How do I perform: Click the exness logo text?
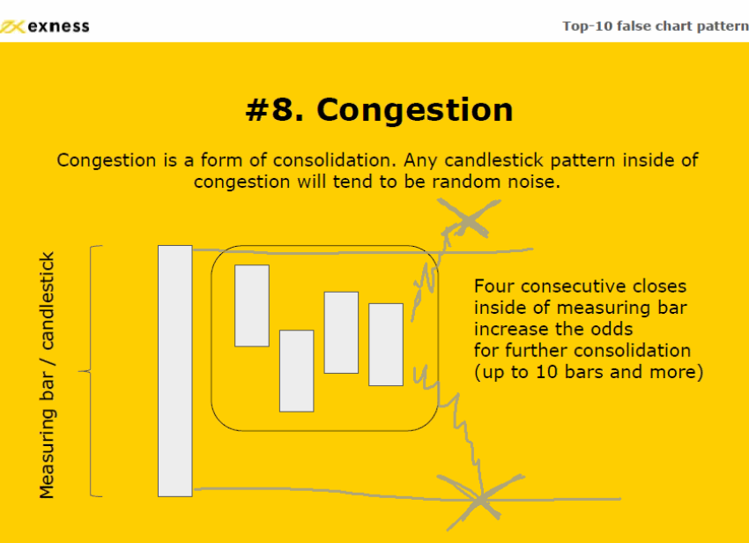[x=58, y=26]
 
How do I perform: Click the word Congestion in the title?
[x=415, y=110]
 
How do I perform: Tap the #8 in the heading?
[x=274, y=109]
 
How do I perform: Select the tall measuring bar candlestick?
[x=175, y=371]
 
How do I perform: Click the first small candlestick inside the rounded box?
[x=252, y=305]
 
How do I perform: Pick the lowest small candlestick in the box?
[x=297, y=371]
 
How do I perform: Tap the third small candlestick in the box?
[x=341, y=332]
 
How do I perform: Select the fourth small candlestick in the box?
[x=386, y=344]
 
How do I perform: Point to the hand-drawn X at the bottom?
[x=480, y=501]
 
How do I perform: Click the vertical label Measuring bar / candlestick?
[x=47, y=376]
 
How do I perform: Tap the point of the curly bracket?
[x=78, y=371]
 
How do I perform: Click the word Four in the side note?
[x=494, y=286]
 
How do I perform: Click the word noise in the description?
[x=533, y=182]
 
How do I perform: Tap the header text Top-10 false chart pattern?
[x=656, y=26]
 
